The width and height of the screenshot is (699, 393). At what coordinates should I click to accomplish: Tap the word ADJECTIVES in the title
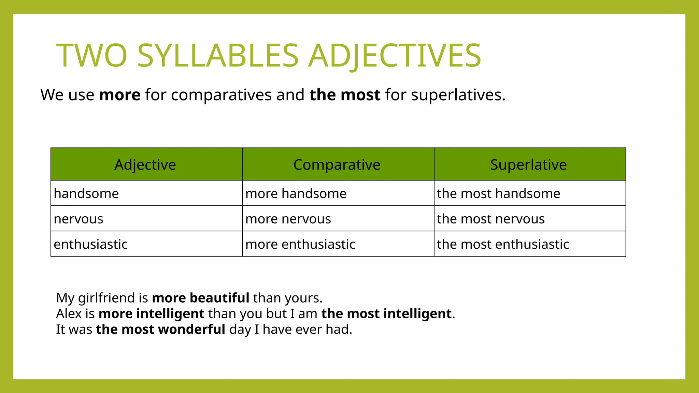[x=395, y=56]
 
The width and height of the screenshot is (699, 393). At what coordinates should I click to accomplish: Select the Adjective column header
[x=145, y=165]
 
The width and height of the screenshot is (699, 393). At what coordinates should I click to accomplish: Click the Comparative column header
[x=337, y=165]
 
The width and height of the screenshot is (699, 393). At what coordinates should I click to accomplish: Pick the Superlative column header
[x=528, y=165]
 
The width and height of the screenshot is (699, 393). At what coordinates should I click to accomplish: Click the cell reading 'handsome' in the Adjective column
[x=86, y=194]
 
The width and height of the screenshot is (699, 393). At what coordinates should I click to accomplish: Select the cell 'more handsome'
[x=296, y=194]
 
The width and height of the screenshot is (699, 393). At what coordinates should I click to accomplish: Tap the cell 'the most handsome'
[x=498, y=194]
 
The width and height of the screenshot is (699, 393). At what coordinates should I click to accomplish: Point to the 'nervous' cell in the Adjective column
[x=79, y=219]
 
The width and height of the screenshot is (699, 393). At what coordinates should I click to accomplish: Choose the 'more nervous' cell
[x=288, y=219]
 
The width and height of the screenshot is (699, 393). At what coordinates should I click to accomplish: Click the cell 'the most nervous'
[x=491, y=219]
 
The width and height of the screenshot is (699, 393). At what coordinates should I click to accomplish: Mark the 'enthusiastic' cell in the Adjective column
[x=90, y=244]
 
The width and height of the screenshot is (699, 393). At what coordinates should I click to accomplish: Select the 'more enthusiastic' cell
[x=300, y=244]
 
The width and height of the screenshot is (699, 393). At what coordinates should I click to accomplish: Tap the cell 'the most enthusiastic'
[x=503, y=244]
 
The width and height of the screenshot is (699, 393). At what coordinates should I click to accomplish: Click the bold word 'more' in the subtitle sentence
[x=119, y=95]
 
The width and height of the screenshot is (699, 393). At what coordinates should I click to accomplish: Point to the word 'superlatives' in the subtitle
[x=456, y=95]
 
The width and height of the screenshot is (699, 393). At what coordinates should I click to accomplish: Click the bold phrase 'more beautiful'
[x=200, y=298]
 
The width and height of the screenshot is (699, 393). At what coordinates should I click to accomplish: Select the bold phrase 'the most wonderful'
[x=160, y=330]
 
